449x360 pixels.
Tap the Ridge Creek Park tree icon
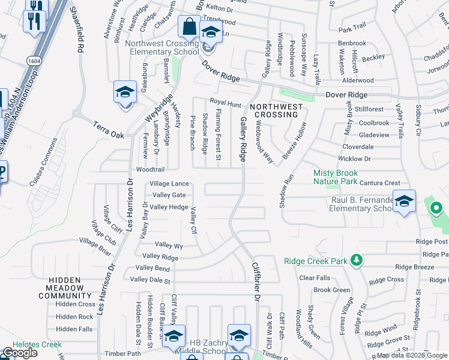pyautogui.click(x=357, y=260)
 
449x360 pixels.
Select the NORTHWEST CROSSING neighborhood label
pyautogui.click(x=276, y=111)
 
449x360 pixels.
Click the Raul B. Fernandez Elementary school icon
pyautogui.click(x=405, y=202)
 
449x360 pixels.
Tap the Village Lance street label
pyautogui.click(x=169, y=184)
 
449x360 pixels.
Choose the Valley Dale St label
pyautogui.click(x=151, y=280)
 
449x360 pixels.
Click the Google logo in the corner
pyautogui.click(x=20, y=353)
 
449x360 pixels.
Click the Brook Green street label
pyautogui.click(x=331, y=290)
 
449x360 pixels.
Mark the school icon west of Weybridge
pyautogui.click(x=125, y=92)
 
